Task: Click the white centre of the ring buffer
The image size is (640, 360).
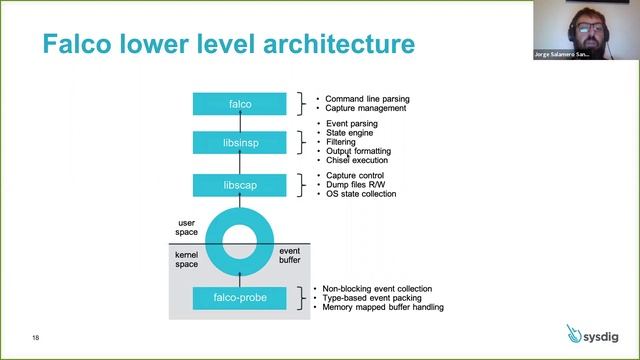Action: (x=239, y=241)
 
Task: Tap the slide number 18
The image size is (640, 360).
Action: (x=36, y=336)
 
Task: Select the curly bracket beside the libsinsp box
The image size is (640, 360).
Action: (x=301, y=144)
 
